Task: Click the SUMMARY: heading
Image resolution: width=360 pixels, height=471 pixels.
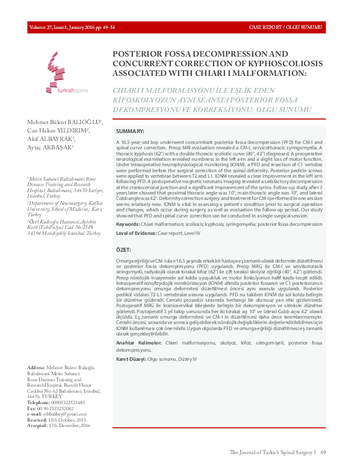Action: pos(129,131)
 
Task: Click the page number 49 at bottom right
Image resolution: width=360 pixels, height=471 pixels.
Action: pos(323,452)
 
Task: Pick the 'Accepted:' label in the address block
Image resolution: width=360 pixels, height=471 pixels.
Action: pos(39,426)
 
